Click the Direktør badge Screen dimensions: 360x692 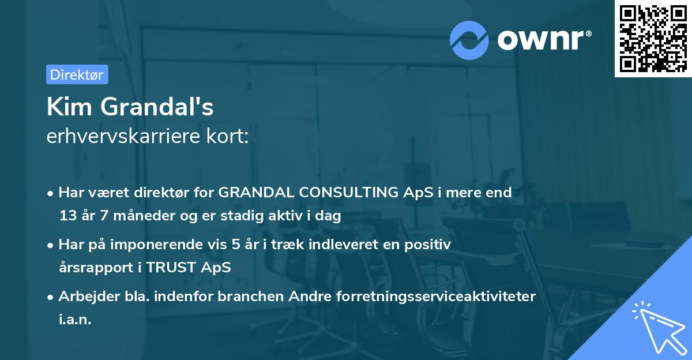coord(77,74)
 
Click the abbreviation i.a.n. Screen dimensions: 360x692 coord(75,320)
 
